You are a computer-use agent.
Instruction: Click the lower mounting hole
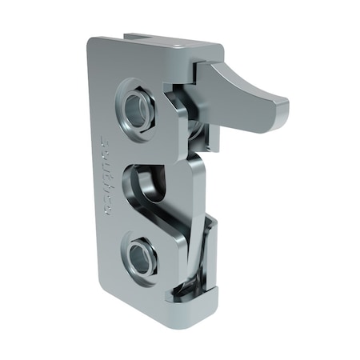coord(142,258)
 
